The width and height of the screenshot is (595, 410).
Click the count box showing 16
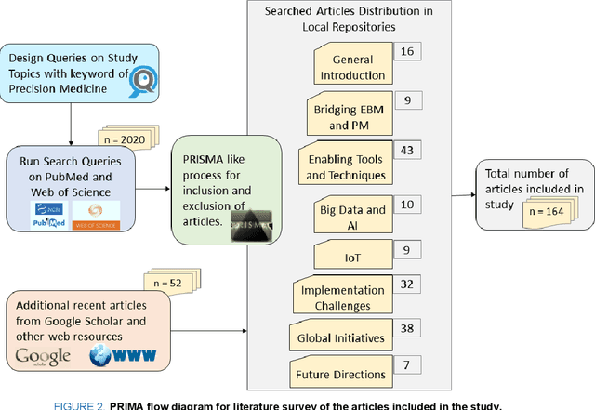(x=406, y=51)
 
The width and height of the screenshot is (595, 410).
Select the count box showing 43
(x=406, y=149)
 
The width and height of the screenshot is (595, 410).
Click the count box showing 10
(x=406, y=203)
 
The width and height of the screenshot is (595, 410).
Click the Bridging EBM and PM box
(x=350, y=118)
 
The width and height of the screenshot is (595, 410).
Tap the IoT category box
(x=352, y=254)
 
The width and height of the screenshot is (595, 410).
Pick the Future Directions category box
(x=345, y=374)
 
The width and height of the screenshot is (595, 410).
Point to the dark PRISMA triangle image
(x=257, y=224)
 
